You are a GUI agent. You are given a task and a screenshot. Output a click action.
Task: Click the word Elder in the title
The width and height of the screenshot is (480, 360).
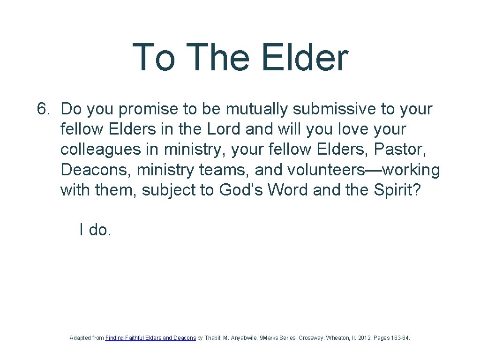pyautogui.click(x=305, y=58)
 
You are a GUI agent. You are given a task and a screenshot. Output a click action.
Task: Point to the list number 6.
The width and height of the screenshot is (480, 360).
pyautogui.click(x=44, y=109)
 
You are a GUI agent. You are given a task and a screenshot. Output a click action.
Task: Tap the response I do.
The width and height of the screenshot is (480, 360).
pyautogui.click(x=95, y=230)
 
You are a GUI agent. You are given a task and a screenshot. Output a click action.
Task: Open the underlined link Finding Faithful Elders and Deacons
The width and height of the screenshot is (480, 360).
pyautogui.click(x=150, y=337)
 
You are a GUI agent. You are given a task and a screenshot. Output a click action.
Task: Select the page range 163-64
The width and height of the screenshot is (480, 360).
pyautogui.click(x=400, y=337)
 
